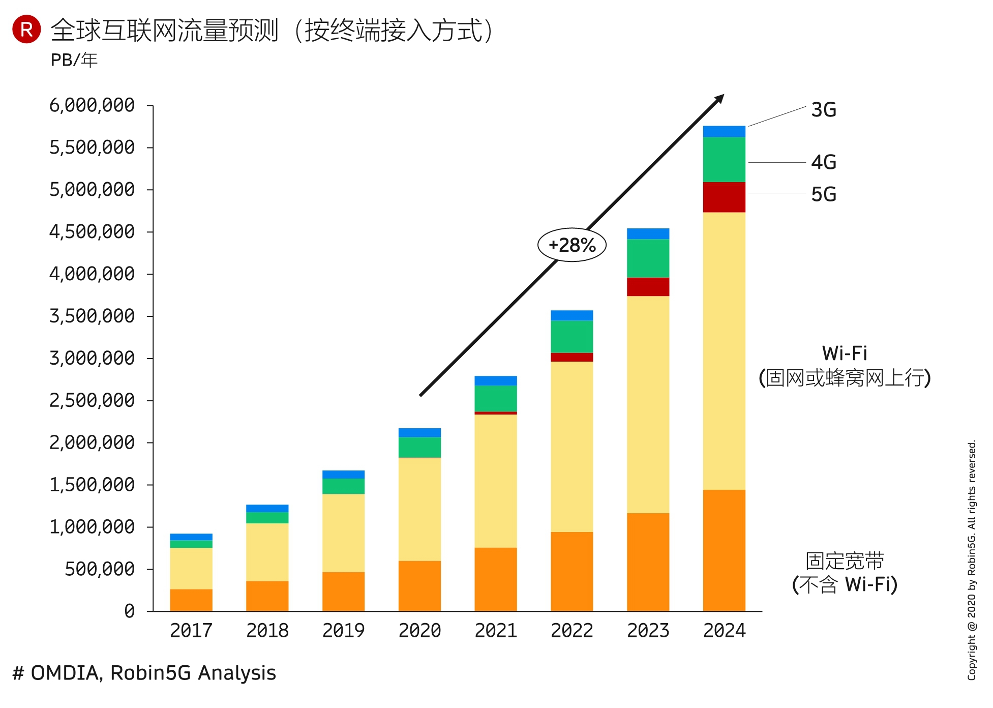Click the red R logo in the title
[x=26, y=29]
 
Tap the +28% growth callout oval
[x=572, y=245]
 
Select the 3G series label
[x=823, y=110]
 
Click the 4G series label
[x=823, y=162]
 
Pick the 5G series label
[x=823, y=194]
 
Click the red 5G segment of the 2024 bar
[x=724, y=197]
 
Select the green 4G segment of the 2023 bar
[x=648, y=258]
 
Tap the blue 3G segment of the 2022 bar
[x=571, y=315]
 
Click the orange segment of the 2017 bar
[x=191, y=600]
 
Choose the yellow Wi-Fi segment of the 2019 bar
[x=343, y=533]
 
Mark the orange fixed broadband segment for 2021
[x=496, y=579]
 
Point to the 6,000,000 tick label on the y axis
[x=92, y=105]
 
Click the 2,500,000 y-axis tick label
[x=92, y=401]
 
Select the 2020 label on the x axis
[x=419, y=631]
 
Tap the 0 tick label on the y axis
[x=130, y=611]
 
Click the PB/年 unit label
[x=74, y=60]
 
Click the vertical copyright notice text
[x=972, y=559]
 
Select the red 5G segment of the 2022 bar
[x=571, y=357]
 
